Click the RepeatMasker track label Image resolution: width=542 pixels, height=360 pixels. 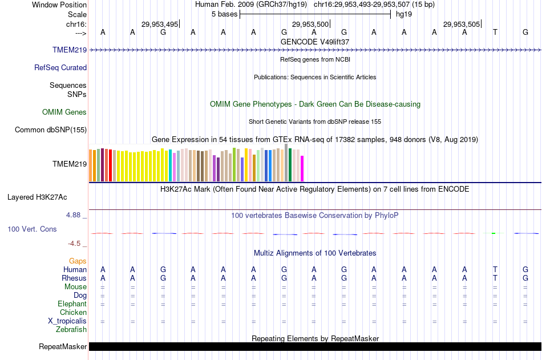point(63,347)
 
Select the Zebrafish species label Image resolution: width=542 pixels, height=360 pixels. point(71,330)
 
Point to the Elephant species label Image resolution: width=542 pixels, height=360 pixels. point(72,304)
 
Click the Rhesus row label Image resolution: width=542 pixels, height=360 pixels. point(74,278)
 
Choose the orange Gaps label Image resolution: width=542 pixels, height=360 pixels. point(78,261)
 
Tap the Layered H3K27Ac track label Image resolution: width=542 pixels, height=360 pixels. point(37,197)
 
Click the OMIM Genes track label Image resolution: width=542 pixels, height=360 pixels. point(64,112)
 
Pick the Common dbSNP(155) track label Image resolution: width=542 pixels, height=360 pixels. point(51,130)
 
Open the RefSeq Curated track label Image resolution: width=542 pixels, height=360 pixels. point(60,68)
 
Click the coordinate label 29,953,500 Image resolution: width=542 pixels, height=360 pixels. point(310,24)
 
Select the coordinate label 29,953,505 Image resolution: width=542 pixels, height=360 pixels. point(462,24)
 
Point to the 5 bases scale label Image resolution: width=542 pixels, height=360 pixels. point(223,14)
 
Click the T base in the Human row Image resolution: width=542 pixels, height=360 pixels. point(495,269)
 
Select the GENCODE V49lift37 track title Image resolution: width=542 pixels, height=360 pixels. point(315,42)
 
